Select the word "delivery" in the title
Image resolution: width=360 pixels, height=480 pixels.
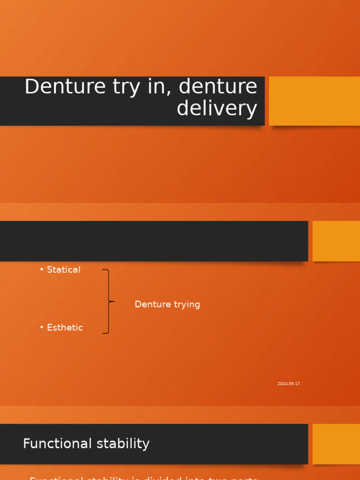click(217, 108)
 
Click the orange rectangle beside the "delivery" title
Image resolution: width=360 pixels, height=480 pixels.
click(314, 101)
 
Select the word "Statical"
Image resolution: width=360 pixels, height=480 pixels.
click(64, 270)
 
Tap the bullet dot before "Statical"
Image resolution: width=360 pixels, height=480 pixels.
click(42, 269)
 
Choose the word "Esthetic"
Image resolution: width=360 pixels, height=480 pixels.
click(65, 328)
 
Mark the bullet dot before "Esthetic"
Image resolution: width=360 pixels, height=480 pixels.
click(42, 327)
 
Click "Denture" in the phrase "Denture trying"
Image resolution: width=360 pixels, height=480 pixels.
click(151, 304)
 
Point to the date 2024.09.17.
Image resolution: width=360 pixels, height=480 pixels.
click(289, 383)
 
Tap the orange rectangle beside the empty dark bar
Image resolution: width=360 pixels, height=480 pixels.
click(336, 241)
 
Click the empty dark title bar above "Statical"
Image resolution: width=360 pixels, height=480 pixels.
click(154, 241)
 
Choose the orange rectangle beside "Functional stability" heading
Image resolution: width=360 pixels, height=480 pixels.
click(336, 444)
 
